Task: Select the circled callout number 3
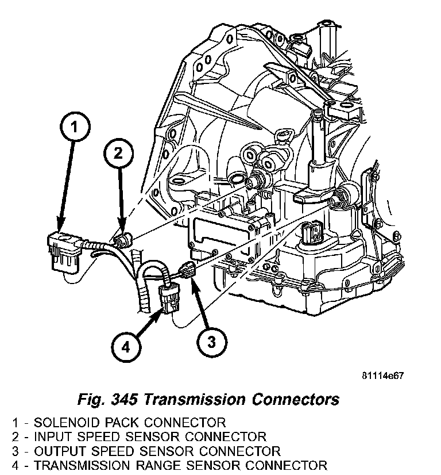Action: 210,342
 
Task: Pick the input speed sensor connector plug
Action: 122,240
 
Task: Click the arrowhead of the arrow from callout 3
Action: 192,281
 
